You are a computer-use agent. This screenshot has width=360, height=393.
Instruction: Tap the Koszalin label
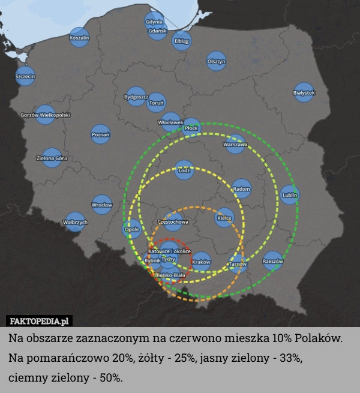click(79, 38)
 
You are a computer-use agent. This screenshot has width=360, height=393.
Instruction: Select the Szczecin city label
click(25, 76)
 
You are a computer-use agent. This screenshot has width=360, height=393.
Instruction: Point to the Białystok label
click(304, 92)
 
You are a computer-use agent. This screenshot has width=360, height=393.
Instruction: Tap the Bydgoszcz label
click(136, 96)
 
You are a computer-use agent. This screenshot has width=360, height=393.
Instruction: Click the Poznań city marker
click(100, 134)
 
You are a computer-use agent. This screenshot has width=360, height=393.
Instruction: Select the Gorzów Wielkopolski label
click(46, 115)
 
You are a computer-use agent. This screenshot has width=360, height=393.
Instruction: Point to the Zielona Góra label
click(52, 158)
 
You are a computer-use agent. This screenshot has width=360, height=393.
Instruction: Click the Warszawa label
click(235, 145)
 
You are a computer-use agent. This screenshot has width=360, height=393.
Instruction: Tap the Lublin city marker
click(289, 195)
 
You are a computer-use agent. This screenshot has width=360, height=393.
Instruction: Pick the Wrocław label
click(102, 205)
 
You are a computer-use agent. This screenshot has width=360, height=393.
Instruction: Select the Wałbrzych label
click(75, 222)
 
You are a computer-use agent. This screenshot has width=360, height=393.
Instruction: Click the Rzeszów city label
click(273, 261)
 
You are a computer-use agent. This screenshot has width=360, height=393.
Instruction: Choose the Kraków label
click(202, 262)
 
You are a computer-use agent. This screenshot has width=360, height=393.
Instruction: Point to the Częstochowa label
click(173, 222)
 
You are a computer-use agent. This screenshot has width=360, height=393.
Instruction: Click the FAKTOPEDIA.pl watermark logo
click(40, 320)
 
